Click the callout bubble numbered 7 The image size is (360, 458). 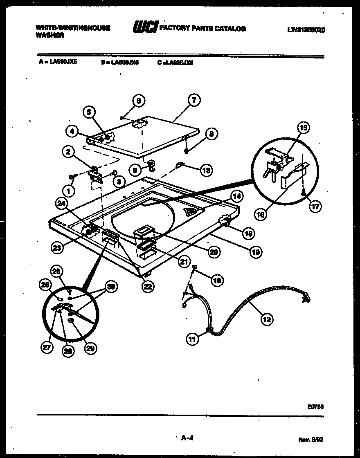coord(193,100)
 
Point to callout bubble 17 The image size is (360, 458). coord(315,207)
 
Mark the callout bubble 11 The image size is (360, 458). coord(192,339)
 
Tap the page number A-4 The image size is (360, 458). coord(187,438)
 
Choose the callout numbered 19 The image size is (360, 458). coord(256,252)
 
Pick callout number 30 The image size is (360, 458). coord(109,286)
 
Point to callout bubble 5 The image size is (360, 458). coord(89,112)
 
